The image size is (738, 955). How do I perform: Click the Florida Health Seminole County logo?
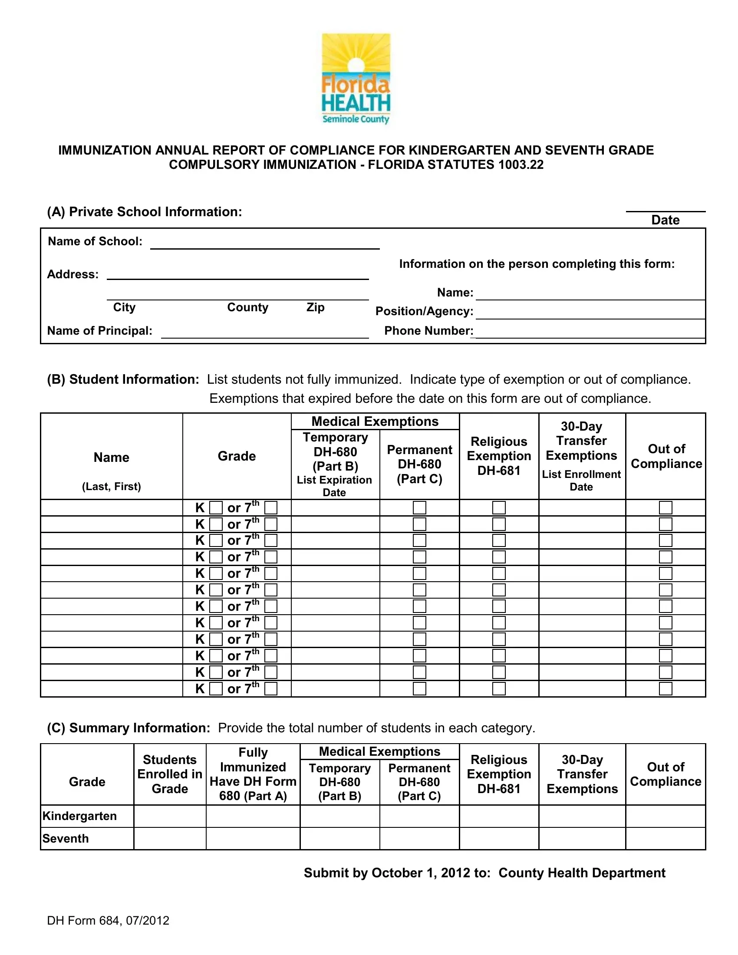click(x=356, y=79)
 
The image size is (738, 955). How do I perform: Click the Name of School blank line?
click(x=264, y=244)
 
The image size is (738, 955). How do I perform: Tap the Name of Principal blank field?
click(x=264, y=333)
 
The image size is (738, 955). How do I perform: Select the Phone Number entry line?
click(x=590, y=333)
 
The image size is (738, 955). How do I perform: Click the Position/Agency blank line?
click(x=590, y=313)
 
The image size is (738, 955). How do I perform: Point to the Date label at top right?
click(x=665, y=220)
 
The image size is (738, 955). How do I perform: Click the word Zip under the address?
click(x=315, y=307)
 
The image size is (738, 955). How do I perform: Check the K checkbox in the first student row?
click(x=216, y=508)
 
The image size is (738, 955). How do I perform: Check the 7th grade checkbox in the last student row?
click(x=271, y=689)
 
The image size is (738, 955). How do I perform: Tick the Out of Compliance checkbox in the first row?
click(x=666, y=508)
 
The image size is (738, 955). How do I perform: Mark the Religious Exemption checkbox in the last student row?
click(x=499, y=689)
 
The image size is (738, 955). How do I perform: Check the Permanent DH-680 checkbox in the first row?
click(x=419, y=508)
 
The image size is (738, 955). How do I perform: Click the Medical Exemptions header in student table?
click(x=375, y=422)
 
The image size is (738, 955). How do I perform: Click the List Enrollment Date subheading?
click(x=581, y=481)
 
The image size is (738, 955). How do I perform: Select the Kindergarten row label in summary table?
click(x=79, y=816)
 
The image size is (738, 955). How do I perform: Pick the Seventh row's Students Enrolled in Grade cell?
click(x=170, y=838)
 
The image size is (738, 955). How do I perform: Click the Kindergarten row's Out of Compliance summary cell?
click(x=666, y=816)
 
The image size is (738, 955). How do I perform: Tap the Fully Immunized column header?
click(x=253, y=774)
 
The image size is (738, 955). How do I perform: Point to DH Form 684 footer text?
click(x=108, y=920)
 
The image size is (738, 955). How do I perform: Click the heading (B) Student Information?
click(x=123, y=379)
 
